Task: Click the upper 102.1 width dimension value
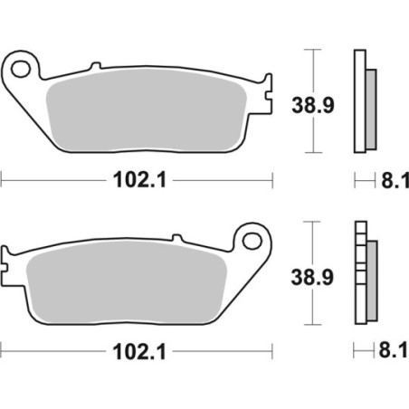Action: [x=137, y=181]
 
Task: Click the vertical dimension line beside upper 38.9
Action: [x=313, y=100]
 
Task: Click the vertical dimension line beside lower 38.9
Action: [x=313, y=271]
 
